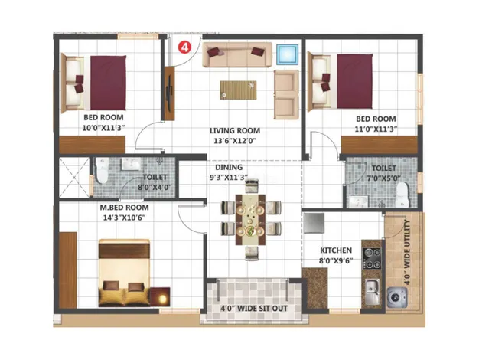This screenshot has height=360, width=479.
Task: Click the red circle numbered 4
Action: click(x=184, y=47)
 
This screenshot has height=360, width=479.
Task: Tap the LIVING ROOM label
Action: click(x=235, y=131)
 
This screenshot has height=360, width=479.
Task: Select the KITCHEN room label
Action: click(x=336, y=250)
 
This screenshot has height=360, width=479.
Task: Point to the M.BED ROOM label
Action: click(x=124, y=208)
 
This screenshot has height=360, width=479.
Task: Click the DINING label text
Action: click(x=229, y=167)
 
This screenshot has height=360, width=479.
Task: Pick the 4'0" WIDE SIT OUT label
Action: click(x=254, y=309)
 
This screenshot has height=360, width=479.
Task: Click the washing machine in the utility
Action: click(x=397, y=297)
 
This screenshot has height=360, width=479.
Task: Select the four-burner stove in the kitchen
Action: click(x=372, y=258)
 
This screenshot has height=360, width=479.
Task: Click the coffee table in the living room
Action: click(x=238, y=90)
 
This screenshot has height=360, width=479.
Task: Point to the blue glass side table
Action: click(x=287, y=54)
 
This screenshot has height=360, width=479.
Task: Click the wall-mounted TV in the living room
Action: click(x=169, y=93)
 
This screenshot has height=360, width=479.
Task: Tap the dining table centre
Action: click(x=250, y=219)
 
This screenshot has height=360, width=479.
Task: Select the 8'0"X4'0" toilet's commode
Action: click(x=102, y=170)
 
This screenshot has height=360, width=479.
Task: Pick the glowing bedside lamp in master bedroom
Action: click(x=160, y=296)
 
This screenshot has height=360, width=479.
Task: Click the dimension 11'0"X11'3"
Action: click(x=376, y=129)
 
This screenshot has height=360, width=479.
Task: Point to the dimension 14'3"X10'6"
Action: click(x=124, y=218)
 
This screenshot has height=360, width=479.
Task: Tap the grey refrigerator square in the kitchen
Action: click(x=314, y=223)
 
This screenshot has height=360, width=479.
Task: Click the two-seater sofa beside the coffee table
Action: click(x=286, y=94)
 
